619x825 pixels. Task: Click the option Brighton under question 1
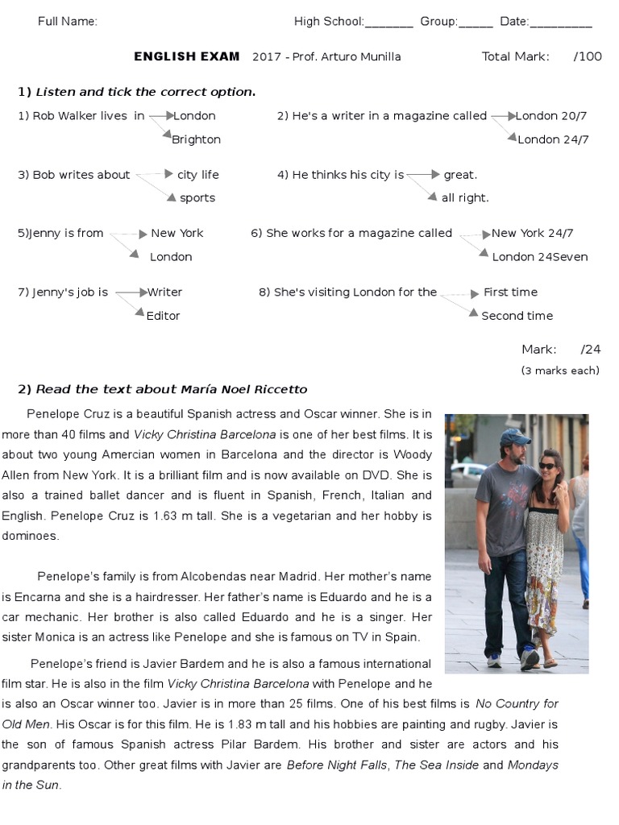click(x=196, y=139)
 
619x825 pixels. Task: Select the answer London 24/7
click(x=553, y=139)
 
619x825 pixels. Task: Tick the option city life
click(x=197, y=174)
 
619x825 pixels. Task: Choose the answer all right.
click(x=465, y=197)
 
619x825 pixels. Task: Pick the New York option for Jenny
click(x=177, y=233)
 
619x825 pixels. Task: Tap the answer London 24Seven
click(x=539, y=257)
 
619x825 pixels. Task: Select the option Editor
click(x=163, y=316)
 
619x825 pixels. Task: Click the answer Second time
click(x=517, y=316)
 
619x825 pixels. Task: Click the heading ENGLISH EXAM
click(x=186, y=56)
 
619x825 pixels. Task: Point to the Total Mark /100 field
click(x=541, y=56)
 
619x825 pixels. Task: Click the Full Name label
click(x=68, y=21)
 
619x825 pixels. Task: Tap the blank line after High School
click(x=389, y=23)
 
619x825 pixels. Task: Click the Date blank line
click(x=561, y=23)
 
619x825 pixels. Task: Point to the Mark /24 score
click(x=561, y=349)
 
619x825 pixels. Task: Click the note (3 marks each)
click(x=560, y=371)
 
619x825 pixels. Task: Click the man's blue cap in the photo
click(x=513, y=437)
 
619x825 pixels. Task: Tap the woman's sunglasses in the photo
click(x=547, y=466)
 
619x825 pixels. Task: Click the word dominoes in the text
click(x=30, y=535)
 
